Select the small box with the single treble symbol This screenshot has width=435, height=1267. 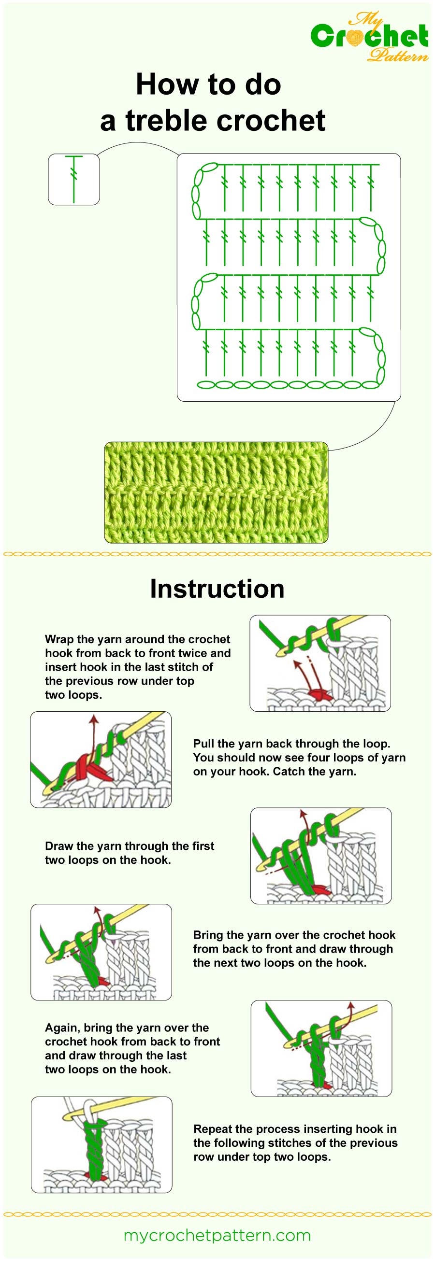point(74,179)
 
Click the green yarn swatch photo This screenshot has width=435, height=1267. point(216,493)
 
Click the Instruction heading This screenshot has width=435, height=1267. point(217,589)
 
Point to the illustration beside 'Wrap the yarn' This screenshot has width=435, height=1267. point(320,663)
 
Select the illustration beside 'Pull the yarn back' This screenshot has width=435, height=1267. point(101,760)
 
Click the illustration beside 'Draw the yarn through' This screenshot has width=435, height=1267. point(321,856)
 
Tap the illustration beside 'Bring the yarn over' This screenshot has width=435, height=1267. point(101,952)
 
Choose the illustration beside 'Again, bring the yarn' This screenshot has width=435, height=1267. point(321,1049)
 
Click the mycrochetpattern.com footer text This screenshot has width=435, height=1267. point(217,1235)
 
